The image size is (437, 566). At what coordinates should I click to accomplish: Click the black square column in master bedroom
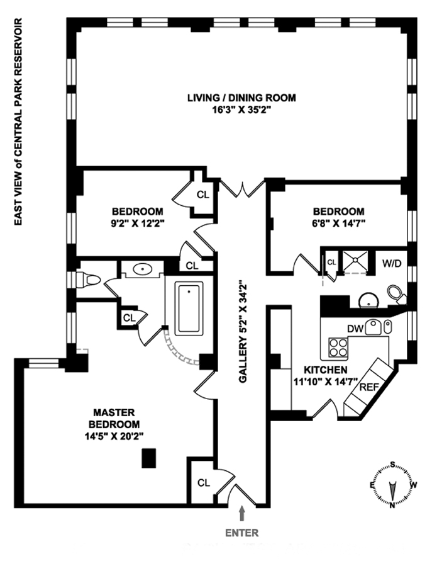tap(149, 458)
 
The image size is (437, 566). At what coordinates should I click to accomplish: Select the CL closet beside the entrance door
tap(202, 484)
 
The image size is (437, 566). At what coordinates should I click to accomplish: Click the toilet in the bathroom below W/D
tap(396, 293)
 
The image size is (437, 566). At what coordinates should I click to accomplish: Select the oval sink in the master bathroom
tap(143, 270)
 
